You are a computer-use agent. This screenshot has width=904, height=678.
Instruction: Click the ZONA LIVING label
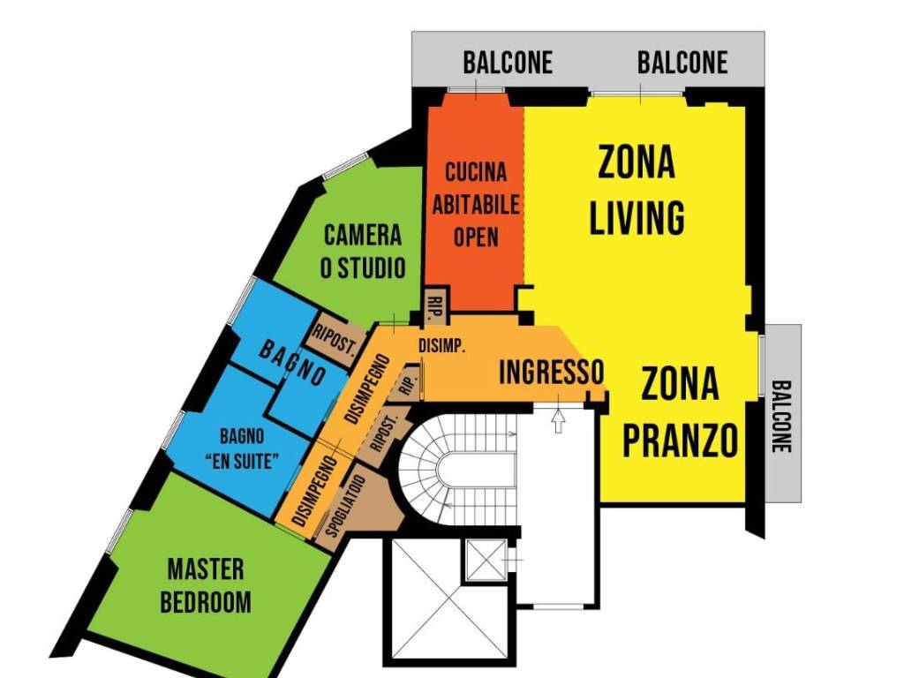point(637,191)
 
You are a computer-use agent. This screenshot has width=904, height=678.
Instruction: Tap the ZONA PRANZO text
point(680,412)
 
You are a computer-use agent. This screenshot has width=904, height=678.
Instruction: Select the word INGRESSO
point(551,372)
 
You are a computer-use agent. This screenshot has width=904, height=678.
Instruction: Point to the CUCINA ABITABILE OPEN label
point(476,204)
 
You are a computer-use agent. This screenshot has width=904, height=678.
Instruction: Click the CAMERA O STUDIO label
point(362,252)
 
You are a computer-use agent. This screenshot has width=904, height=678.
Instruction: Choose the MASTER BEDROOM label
point(206,584)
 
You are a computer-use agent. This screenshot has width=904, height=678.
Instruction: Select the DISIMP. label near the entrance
point(441,345)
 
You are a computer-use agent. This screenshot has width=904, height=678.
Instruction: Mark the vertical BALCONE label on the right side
point(781,416)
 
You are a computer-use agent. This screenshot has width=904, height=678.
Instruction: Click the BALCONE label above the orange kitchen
point(508,63)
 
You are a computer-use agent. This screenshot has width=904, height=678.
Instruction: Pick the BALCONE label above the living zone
point(682,63)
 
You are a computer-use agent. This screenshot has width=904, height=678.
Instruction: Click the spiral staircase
point(441,467)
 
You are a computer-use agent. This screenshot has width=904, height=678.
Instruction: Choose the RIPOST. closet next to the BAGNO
point(334,333)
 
